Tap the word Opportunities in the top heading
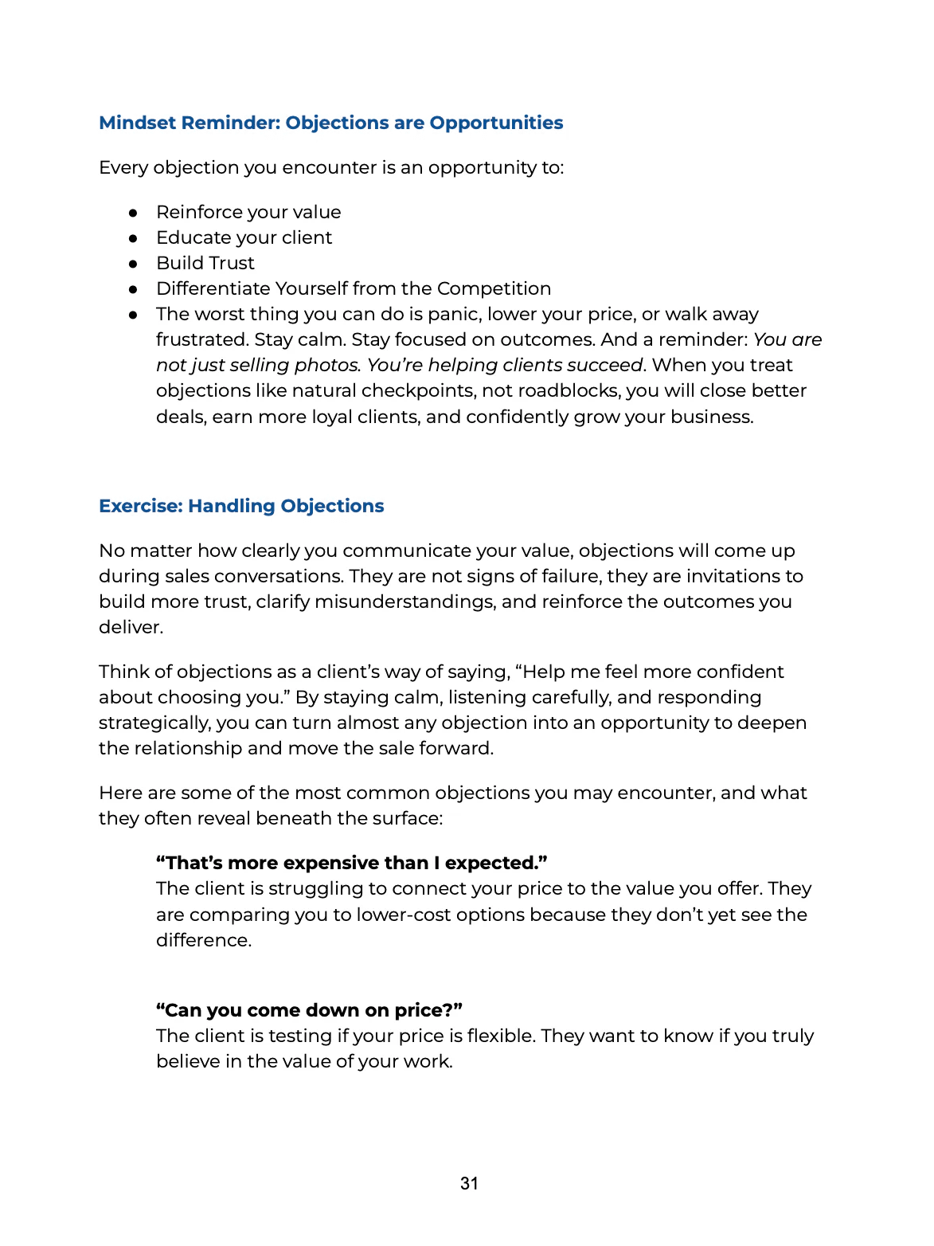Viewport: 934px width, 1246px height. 496,123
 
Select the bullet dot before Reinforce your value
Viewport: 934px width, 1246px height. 134,213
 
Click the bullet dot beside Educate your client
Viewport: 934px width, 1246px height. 134,238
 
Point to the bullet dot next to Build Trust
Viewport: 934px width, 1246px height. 134,264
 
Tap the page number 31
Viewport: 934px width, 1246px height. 469,1184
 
